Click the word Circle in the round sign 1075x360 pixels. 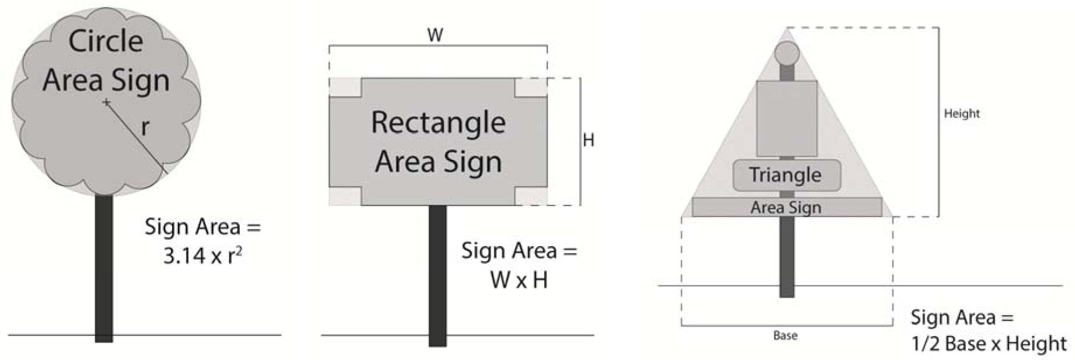106,41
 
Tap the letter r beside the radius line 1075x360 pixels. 145,127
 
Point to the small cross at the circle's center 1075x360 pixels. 106,103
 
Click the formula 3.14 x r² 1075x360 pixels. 202,256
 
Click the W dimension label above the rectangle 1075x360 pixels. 435,35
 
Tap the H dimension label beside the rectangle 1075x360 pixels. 588,140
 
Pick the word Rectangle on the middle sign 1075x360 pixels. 438,123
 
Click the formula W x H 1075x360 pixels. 519,280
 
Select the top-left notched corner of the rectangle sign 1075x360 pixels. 345,88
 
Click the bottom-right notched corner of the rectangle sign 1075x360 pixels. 531,197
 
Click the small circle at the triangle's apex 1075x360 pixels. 786,53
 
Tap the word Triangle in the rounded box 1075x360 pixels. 785,174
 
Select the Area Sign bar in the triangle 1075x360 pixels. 786,207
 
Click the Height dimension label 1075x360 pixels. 962,113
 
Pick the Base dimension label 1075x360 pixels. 785,335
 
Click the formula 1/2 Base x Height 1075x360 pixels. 989,343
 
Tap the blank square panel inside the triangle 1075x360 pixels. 786,118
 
